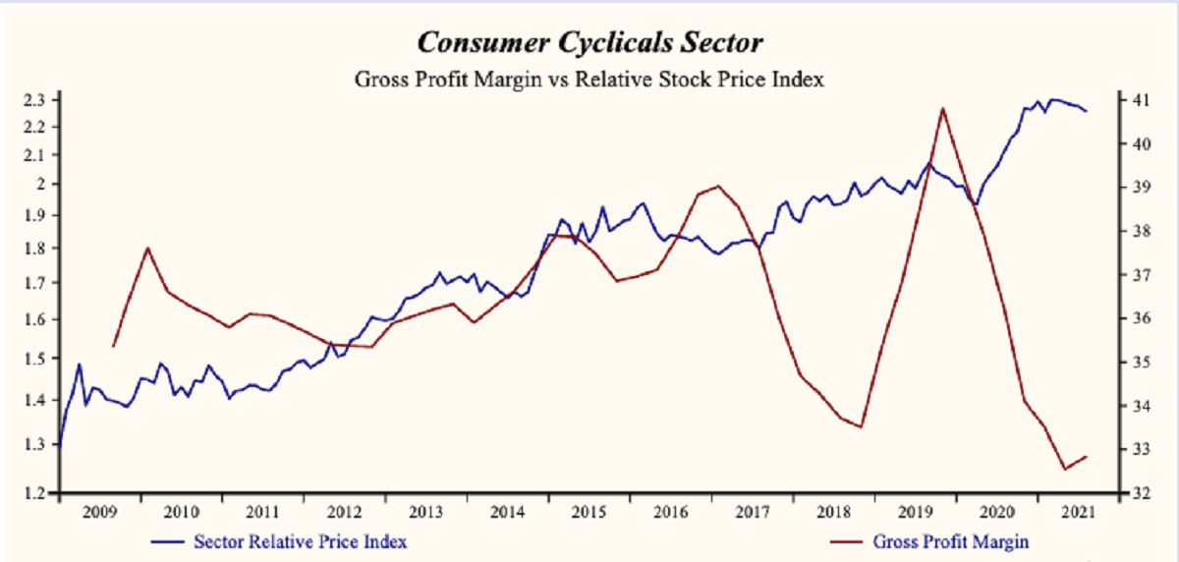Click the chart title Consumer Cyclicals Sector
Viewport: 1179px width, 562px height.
[589, 44]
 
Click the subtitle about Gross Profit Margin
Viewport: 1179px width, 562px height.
[589, 81]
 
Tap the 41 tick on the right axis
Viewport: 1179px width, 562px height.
[1140, 99]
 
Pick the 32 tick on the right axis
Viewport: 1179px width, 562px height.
[1140, 492]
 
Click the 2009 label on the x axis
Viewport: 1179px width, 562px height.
[100, 513]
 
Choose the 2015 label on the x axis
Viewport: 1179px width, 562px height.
[588, 513]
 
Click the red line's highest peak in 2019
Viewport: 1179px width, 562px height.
[942, 108]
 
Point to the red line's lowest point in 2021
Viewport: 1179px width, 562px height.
[1065, 470]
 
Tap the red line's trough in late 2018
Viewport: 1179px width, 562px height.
[861, 426]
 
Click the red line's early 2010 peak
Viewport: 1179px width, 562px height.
[147, 248]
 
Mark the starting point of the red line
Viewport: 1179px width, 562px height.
[113, 346]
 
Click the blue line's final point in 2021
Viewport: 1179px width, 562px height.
[1086, 111]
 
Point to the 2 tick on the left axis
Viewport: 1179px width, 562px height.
[40, 184]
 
